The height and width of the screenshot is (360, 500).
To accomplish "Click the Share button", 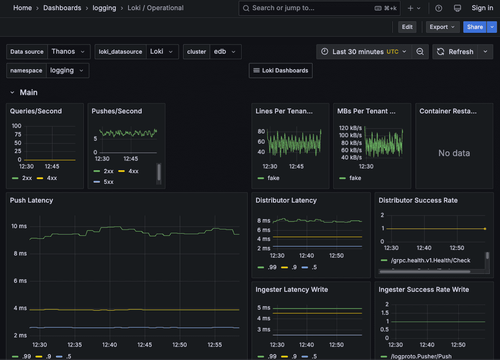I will (475, 27).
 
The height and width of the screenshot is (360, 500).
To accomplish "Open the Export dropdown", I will (443, 27).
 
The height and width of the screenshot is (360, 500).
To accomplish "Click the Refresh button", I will (455, 52).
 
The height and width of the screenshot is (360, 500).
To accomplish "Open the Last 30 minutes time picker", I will (364, 52).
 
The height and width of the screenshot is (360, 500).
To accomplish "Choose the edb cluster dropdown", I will (225, 52).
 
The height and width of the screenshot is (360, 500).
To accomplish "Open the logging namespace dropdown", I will (67, 71).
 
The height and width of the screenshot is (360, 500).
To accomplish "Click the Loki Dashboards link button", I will (281, 71).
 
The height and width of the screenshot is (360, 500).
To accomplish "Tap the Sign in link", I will (482, 8).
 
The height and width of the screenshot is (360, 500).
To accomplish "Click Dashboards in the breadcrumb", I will (62, 8).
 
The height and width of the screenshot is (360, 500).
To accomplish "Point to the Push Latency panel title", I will (31, 200).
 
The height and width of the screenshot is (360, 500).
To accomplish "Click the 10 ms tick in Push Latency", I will (19, 226).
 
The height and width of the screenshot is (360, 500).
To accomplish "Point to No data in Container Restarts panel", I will (454, 153).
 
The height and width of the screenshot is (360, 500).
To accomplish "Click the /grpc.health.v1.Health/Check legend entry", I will (428, 261).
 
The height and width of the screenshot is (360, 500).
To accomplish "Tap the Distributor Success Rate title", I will (418, 200).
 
